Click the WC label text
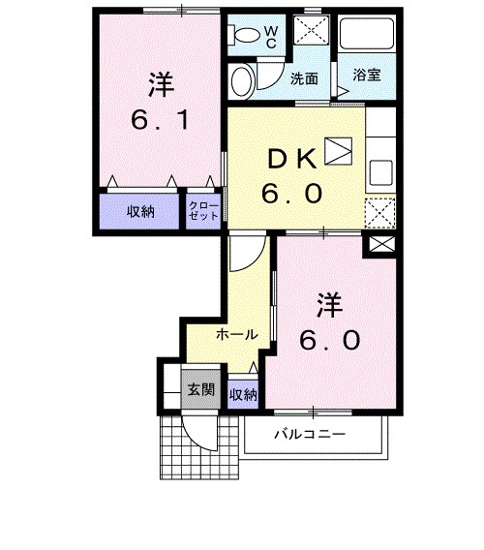click(271, 37)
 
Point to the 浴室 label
click(365, 74)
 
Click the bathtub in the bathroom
click(368, 38)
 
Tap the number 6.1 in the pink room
click(160, 123)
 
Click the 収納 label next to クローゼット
click(141, 212)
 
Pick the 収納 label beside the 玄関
click(243, 394)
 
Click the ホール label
click(236, 335)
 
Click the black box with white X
click(378, 246)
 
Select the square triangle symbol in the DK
click(338, 150)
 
